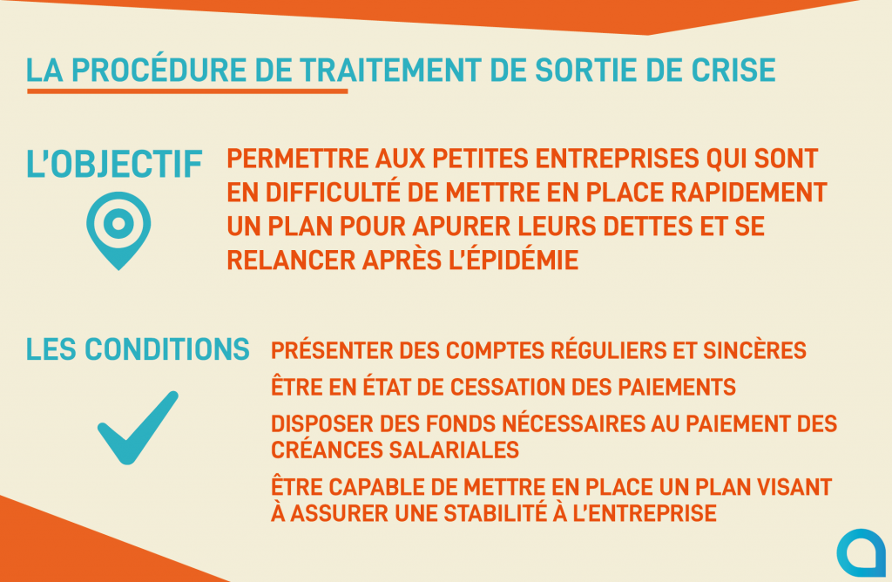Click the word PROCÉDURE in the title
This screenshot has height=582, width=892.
pos(159,70)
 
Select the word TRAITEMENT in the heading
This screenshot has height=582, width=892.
pos(391,70)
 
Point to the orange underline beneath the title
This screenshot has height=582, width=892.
pos(187,91)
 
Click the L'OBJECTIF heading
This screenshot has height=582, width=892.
pos(114,164)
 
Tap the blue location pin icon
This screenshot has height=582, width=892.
pos(118,230)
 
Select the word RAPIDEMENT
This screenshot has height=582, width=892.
pos(748,193)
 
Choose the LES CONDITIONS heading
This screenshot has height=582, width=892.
pos(138,349)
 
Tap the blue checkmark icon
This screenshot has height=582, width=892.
pos(138,427)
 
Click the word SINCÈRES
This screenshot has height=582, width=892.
pos(754,350)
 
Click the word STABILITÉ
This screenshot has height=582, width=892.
pos(495,512)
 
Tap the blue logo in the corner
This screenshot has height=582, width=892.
pos(862,553)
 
